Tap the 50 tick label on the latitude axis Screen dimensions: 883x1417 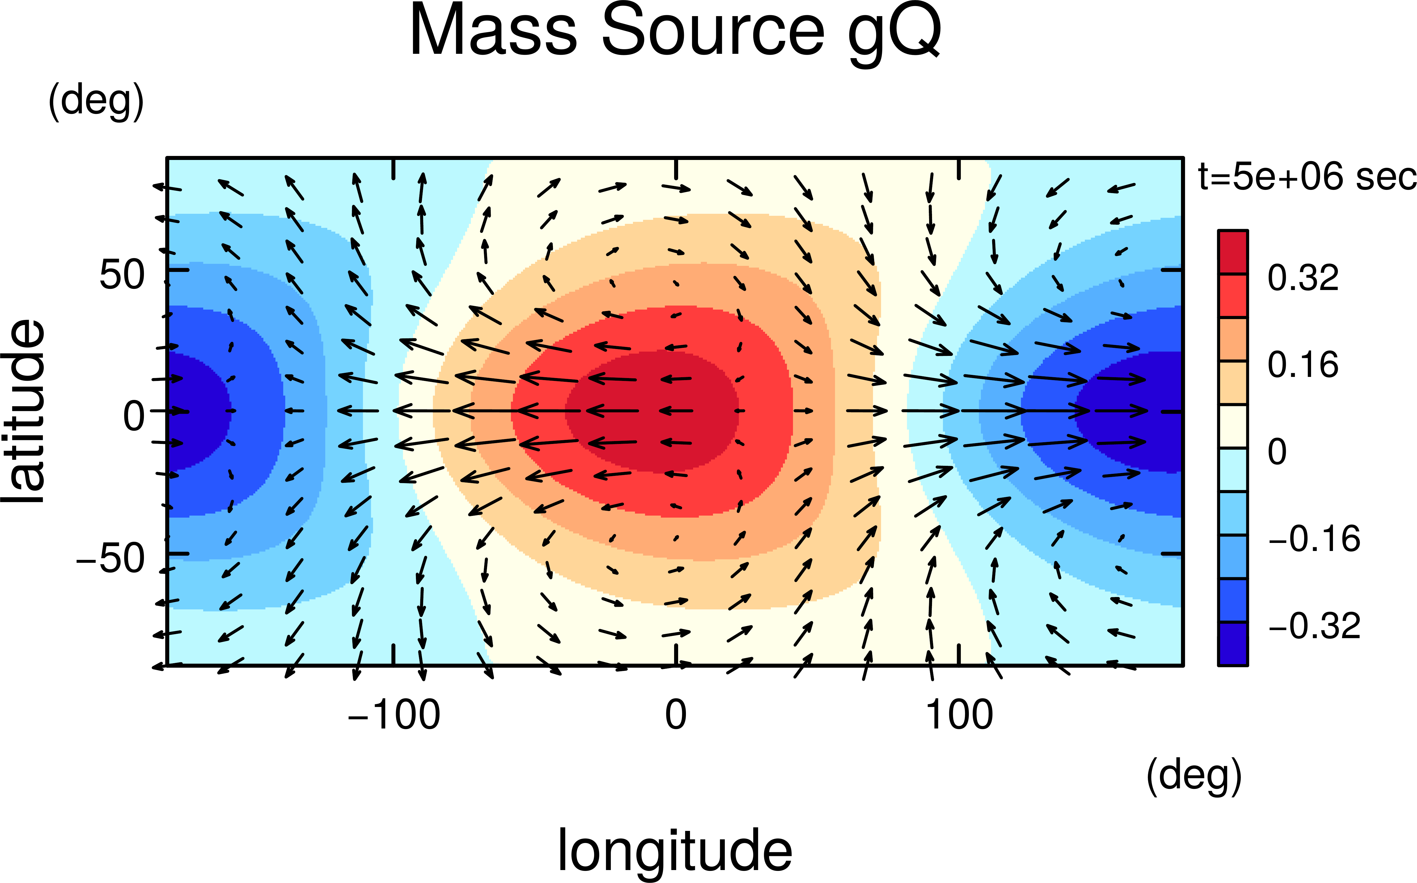121,274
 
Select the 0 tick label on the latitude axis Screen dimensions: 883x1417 134,416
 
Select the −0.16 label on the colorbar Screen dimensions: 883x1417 1314,539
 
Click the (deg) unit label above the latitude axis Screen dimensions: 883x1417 96,101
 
